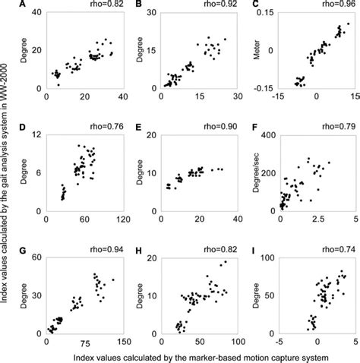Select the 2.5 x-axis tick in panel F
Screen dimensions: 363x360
[314, 219]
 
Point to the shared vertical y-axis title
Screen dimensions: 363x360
[6, 175]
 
